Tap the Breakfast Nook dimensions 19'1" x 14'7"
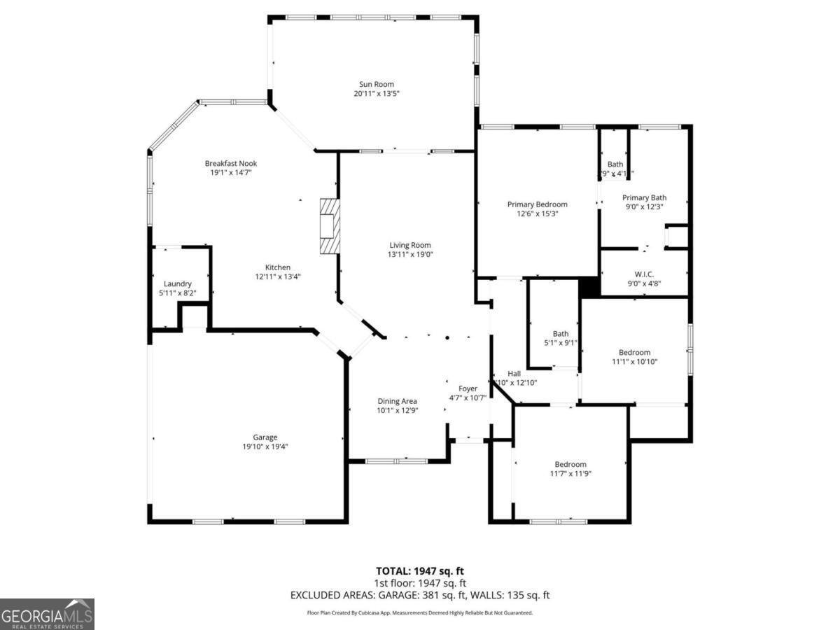[x=231, y=172]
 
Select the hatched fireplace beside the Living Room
[x=330, y=225]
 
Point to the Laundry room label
[x=178, y=283]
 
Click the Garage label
[x=265, y=437]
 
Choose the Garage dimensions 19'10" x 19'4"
[x=265, y=447]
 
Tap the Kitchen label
[x=277, y=267]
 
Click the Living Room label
[x=410, y=245]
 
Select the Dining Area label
[x=397, y=401]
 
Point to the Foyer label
[x=468, y=388]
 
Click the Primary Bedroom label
[x=538, y=204]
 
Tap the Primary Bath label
[x=644, y=198]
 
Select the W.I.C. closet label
[x=644, y=274]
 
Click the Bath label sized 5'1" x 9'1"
[x=561, y=334]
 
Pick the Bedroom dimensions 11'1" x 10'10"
[x=634, y=362]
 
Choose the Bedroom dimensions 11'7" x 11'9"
[x=570, y=474]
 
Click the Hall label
[x=514, y=373]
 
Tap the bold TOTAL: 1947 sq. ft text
[x=420, y=570]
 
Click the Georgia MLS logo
[x=47, y=614]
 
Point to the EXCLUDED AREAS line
[x=420, y=595]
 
